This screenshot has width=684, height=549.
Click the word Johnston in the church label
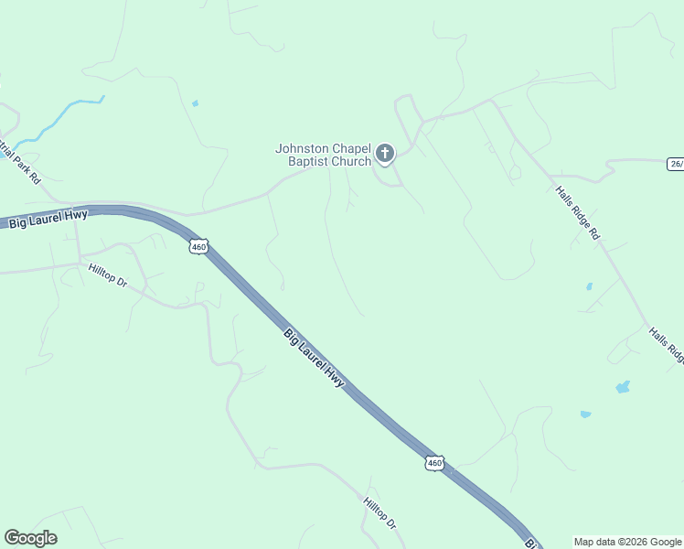click(305, 148)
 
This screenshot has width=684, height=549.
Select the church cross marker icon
click(385, 153)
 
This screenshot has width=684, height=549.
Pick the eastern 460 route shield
click(434, 463)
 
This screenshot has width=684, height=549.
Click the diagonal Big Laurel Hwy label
click(314, 358)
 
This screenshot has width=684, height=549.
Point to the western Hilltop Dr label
click(108, 274)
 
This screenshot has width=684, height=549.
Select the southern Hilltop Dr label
click(379, 512)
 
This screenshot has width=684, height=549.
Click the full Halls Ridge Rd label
click(578, 213)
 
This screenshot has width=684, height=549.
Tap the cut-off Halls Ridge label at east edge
click(666, 345)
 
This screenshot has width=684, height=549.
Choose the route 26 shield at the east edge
click(675, 163)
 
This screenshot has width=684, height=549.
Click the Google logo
click(30, 538)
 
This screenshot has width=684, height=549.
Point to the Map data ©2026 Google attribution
click(628, 542)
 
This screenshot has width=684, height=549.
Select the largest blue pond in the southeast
click(623, 387)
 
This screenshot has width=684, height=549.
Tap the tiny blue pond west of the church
click(195, 103)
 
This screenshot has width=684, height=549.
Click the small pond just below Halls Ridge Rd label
click(589, 286)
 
